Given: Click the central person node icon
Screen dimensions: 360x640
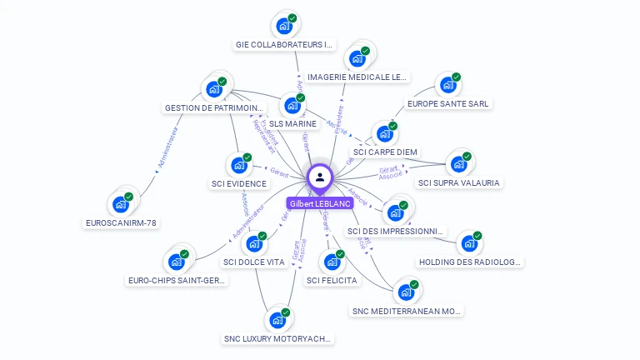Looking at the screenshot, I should click(320, 177).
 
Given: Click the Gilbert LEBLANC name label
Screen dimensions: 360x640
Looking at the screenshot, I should click(320, 203).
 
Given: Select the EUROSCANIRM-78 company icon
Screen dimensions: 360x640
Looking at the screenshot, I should click(121, 203).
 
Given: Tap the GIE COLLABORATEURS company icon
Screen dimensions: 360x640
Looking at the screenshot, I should click(284, 26).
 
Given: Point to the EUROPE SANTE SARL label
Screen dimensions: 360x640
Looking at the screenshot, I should click(448, 104).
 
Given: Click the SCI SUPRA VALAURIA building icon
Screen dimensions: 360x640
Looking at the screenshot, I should click(458, 163).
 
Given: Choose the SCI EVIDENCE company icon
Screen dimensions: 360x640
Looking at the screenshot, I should click(238, 165).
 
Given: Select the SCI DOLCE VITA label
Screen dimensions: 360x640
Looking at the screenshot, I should click(255, 262).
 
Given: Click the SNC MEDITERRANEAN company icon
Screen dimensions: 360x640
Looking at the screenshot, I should click(406, 292).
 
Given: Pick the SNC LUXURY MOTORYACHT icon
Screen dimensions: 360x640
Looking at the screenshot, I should click(277, 320).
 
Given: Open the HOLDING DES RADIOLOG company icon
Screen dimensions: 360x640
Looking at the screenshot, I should click(469, 243).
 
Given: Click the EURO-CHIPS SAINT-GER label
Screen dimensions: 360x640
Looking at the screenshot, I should click(177, 281).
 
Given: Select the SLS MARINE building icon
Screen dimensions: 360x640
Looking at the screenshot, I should click(292, 105).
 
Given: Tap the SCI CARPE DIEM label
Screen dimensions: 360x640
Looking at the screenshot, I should click(385, 152).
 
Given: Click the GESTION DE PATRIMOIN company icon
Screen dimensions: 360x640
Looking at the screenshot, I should click(214, 88).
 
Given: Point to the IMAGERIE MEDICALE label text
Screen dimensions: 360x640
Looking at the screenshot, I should click(357, 77).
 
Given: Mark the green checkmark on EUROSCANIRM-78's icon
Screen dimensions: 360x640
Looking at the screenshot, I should click(129, 197).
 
